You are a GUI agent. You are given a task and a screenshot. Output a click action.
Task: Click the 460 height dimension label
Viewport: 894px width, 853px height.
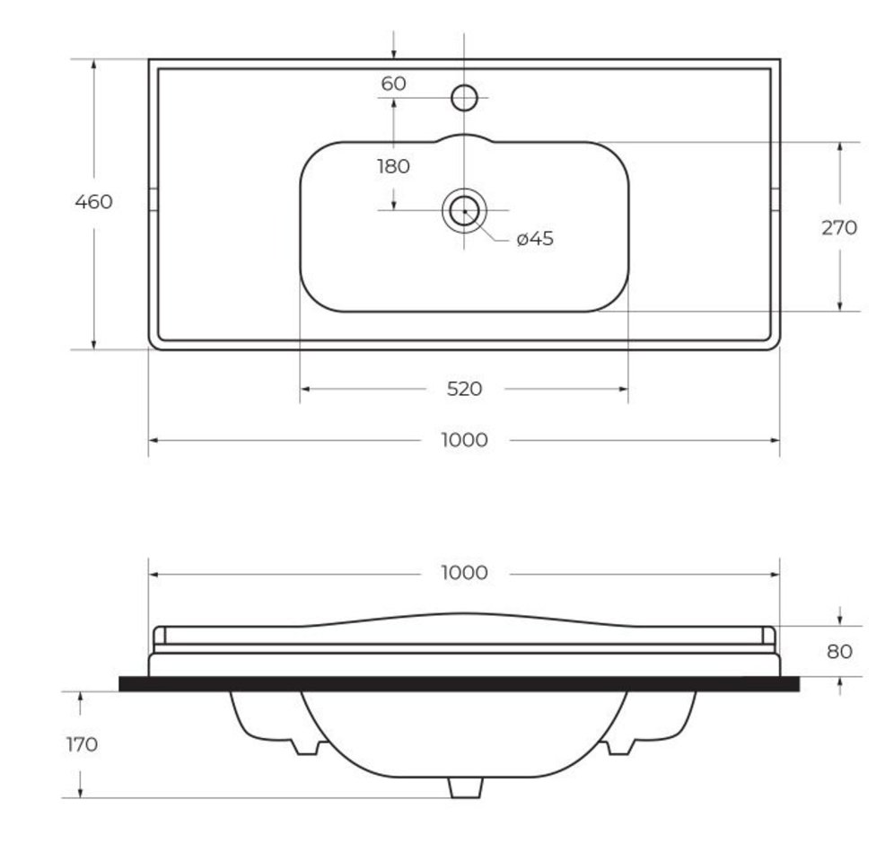(x=93, y=202)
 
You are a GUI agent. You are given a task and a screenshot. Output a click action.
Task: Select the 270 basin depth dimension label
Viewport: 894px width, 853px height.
(x=839, y=228)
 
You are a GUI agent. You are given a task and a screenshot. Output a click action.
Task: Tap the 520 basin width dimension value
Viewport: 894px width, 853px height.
(x=465, y=389)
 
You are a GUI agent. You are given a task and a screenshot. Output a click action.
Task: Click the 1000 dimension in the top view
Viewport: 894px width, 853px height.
(x=465, y=440)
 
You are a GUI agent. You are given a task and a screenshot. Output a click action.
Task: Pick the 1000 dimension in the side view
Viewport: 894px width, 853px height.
(x=465, y=573)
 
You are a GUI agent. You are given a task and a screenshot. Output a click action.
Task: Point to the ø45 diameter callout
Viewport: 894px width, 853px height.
(x=535, y=238)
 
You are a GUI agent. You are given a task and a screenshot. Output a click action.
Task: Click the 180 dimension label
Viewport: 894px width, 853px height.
(x=393, y=166)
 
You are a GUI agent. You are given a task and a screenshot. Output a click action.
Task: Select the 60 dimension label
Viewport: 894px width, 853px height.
(x=393, y=84)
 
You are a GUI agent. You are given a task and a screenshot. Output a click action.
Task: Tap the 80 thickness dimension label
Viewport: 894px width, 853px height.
(x=839, y=652)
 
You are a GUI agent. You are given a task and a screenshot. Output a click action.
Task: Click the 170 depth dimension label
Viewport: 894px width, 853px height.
(x=82, y=744)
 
